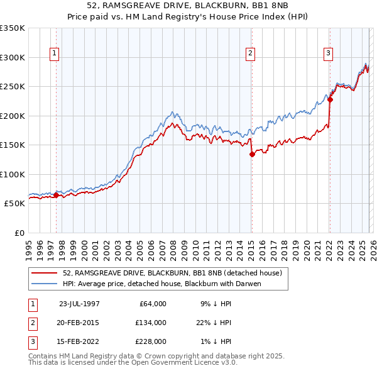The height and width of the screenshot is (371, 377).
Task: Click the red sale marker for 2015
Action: click(251, 153)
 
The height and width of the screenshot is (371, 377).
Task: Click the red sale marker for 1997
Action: click(56, 195)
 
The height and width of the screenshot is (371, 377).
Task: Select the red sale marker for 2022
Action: click(330, 99)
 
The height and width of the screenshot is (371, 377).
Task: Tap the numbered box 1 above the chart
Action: click(55, 54)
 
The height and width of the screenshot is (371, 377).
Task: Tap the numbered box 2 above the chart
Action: click(250, 54)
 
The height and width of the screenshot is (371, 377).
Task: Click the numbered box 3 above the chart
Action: click(328, 54)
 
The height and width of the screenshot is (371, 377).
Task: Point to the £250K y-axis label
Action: click(13, 87)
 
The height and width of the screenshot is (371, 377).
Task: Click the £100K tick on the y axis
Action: click(13, 174)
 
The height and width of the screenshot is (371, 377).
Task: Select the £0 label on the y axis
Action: click(19, 233)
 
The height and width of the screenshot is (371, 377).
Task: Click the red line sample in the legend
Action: click(45, 273)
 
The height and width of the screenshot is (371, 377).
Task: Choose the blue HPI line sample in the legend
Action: click(45, 284)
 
